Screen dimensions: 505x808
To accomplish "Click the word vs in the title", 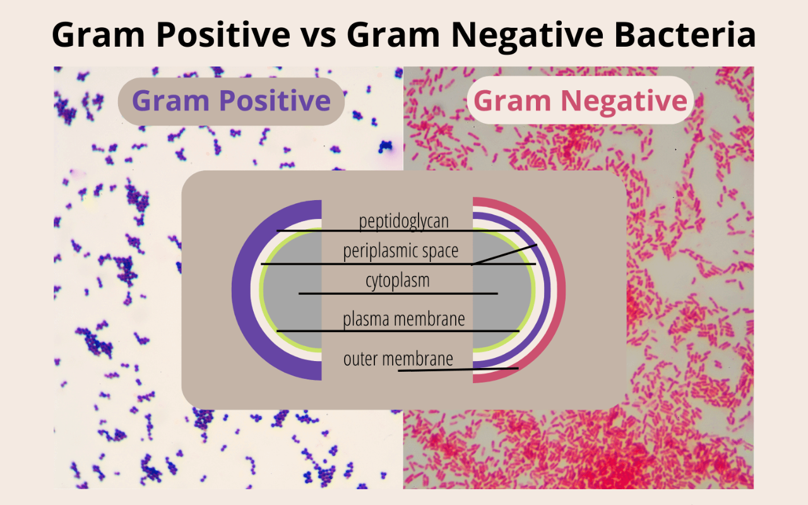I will [x=319, y=35].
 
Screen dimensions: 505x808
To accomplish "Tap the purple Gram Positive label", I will [x=231, y=101].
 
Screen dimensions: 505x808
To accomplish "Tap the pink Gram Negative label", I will [x=580, y=101].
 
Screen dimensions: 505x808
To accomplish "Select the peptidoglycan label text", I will [x=404, y=221].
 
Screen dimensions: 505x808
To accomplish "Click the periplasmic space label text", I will [x=400, y=251].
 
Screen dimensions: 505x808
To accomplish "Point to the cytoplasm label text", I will [x=398, y=280].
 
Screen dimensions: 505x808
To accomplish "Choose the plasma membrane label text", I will [x=404, y=319].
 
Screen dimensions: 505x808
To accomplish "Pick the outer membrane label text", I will [x=398, y=359].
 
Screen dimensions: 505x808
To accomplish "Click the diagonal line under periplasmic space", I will [x=505, y=254].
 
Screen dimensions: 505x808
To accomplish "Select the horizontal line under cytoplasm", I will [x=398, y=294].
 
